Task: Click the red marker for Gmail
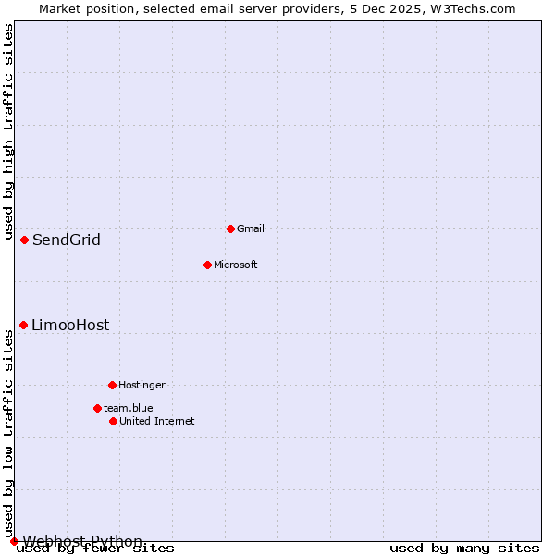(x=230, y=228)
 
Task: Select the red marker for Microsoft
(x=207, y=265)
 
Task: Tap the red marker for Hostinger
(x=112, y=385)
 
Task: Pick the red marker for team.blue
(x=97, y=408)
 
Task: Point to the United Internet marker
(x=113, y=421)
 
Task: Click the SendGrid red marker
(x=24, y=240)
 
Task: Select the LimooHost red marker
(x=23, y=325)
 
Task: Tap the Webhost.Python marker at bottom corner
(x=14, y=541)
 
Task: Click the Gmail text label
(x=251, y=228)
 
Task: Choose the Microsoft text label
(x=236, y=265)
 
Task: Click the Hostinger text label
(x=142, y=385)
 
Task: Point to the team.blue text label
(x=129, y=408)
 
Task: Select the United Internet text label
(x=157, y=421)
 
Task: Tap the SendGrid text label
(x=67, y=240)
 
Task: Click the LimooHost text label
(x=70, y=326)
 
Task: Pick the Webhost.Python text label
(x=82, y=541)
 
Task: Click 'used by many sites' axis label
(x=464, y=549)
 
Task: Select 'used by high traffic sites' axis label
(x=8, y=129)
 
